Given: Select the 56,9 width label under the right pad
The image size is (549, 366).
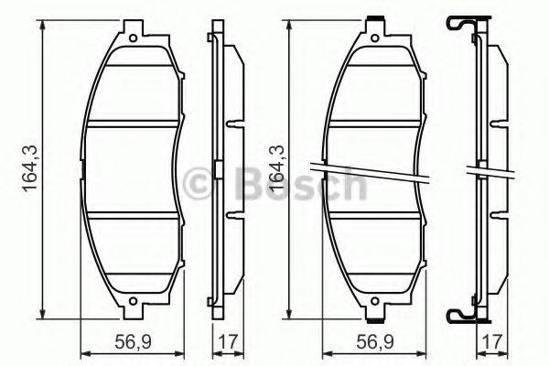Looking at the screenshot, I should coord(375,343).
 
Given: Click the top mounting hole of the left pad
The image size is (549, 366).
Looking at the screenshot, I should coord(135,38).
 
